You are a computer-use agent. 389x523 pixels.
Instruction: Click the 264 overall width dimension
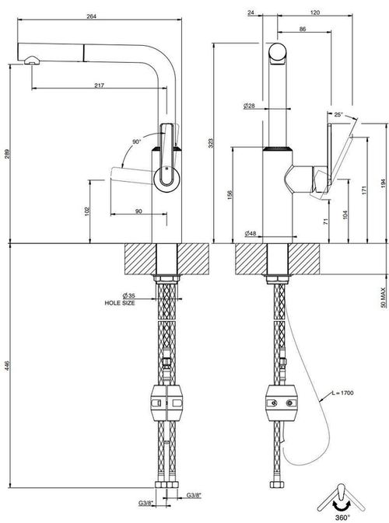[x=91, y=16]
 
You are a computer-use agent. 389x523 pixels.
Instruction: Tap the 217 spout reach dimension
[x=99, y=85]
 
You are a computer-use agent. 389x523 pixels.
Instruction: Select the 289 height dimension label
[x=7, y=153]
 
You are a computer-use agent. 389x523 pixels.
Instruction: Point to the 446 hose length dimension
[x=7, y=365]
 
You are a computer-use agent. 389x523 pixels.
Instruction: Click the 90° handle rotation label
[x=137, y=141]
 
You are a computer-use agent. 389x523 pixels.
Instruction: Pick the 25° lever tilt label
[x=338, y=115]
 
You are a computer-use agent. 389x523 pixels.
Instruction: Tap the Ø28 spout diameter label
[x=249, y=106]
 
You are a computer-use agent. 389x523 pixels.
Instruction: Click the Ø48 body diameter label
[x=251, y=233]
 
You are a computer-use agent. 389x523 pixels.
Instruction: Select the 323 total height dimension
[x=210, y=143]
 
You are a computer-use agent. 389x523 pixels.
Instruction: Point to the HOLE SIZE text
[x=120, y=303]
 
